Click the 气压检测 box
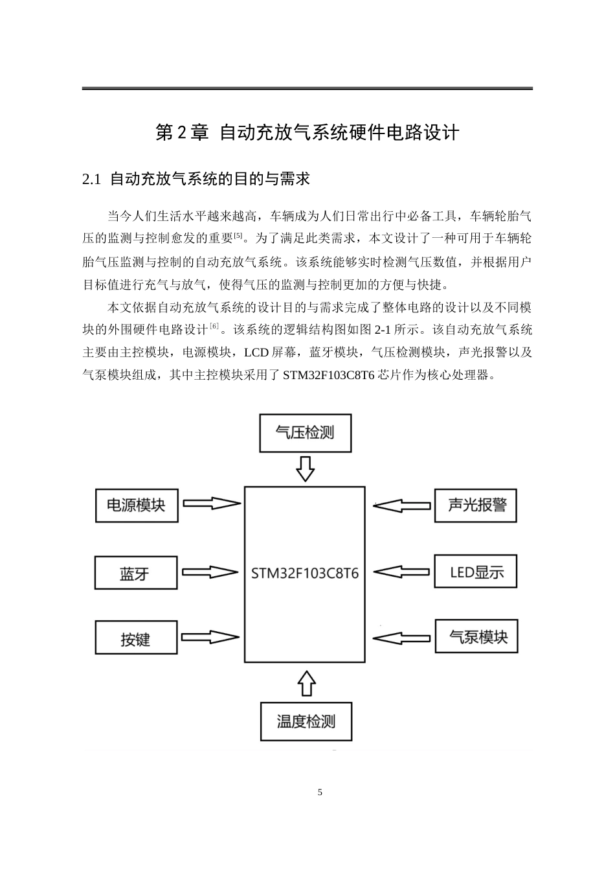pos(305,433)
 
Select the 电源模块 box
pos(136,505)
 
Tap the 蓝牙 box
pos(135,573)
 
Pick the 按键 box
pos(135,638)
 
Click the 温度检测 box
pos(306,721)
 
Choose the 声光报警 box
pos(476,505)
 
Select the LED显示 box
pos(476,572)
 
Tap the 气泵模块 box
pos(476,636)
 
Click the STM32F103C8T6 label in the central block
pos(304,574)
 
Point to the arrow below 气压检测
pos(305,469)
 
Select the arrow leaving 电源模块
pos(210,504)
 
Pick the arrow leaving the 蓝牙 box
pos(210,572)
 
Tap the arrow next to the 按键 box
pos(210,637)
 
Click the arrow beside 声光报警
pos(402,505)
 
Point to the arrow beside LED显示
pos(402,572)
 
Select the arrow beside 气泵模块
pos(402,638)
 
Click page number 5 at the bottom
pos(320,793)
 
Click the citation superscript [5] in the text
pos(238,235)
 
